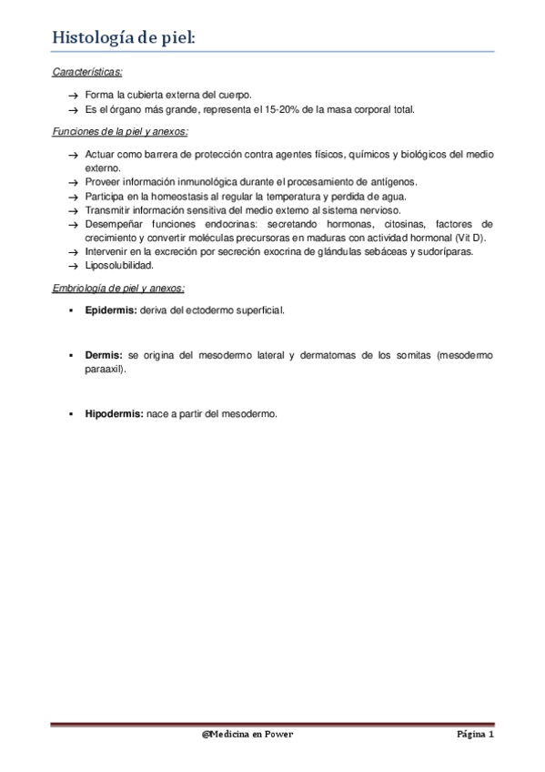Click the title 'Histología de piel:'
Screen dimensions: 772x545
tap(123, 37)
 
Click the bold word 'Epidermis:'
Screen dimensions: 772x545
tap(110, 310)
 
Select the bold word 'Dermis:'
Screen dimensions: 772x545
tap(104, 356)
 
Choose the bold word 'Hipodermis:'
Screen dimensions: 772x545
tap(114, 414)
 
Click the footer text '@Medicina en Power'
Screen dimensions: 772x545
tap(247, 734)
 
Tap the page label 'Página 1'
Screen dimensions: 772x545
tap(475, 734)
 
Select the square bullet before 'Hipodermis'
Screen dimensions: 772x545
tap(72, 414)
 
